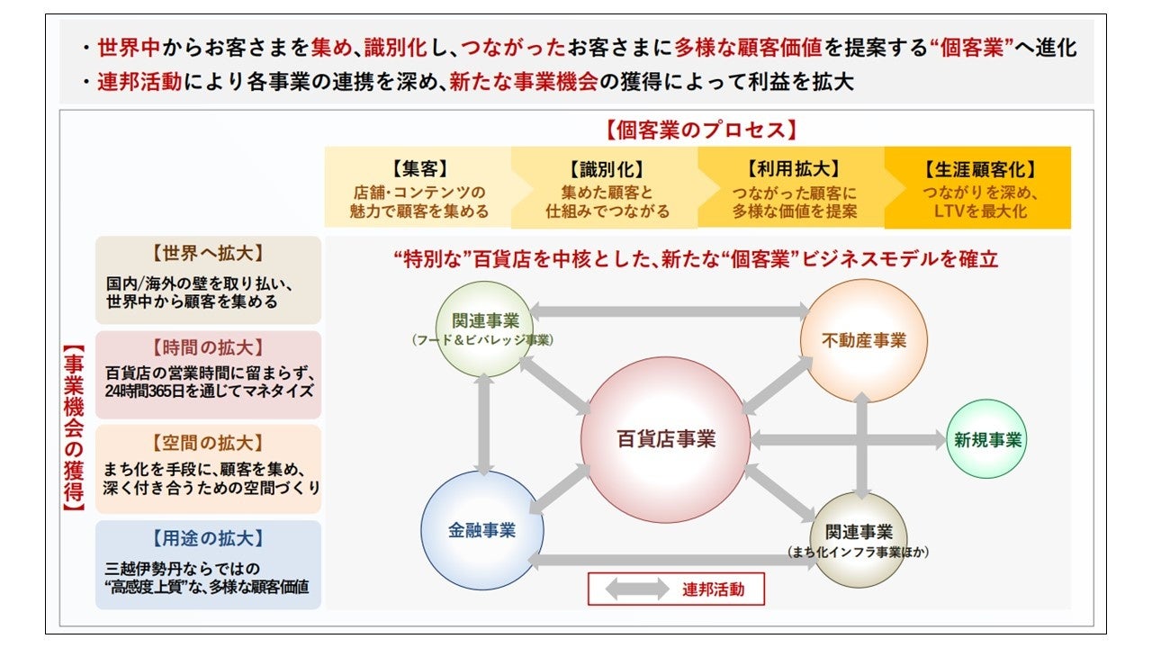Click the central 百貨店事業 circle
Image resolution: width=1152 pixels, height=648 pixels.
pos(666,439)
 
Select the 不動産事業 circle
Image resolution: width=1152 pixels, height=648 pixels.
pos(863,340)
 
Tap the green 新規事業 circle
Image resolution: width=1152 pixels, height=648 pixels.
pos(987,440)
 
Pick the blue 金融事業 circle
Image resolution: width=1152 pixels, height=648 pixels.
pos(481,530)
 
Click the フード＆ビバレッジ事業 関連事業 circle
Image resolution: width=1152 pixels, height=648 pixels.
pos(484,329)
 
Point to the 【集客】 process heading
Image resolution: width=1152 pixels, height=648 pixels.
pos(418,169)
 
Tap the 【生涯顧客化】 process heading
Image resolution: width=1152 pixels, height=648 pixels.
pos(979,169)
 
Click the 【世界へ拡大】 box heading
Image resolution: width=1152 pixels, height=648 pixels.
pos(208,253)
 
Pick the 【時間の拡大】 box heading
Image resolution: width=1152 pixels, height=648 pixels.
pos(208,347)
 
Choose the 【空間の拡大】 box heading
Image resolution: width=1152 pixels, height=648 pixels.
pos(208,442)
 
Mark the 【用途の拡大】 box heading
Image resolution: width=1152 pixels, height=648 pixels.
pos(208,537)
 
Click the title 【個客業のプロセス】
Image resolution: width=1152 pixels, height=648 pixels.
pos(702,130)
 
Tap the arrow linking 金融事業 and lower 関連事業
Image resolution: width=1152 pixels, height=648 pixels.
pos(670,560)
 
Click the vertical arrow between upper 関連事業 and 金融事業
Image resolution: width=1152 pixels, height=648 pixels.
pos(484,424)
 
